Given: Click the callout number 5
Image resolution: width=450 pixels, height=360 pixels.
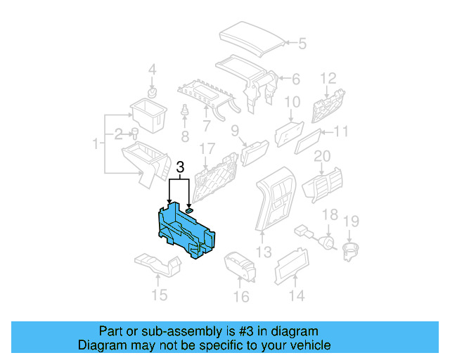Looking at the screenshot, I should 302,44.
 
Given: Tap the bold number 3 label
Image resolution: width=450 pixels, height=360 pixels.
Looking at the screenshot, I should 180,168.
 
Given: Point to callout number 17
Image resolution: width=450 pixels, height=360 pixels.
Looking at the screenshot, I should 206,149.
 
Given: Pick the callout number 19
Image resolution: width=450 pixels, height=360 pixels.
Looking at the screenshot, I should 350,222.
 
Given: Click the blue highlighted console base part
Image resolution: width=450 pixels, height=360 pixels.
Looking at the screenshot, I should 186,229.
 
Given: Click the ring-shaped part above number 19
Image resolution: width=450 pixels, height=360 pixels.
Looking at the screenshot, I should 349,250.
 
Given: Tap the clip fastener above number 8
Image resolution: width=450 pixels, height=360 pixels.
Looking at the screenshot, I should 185,112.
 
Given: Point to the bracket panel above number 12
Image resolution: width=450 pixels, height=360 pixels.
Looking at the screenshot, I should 328,107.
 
